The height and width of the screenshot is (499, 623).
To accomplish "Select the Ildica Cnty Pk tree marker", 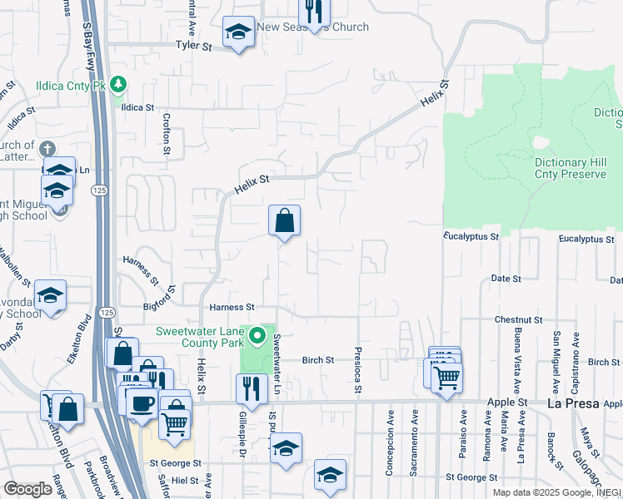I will pos(118,84).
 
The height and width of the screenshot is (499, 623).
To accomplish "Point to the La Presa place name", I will pos(573,403).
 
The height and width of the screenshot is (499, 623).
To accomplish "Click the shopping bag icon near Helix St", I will pos(284,221).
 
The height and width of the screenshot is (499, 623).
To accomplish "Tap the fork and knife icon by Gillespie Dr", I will pos(248,388).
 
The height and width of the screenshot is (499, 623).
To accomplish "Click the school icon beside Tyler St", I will pos(238,33).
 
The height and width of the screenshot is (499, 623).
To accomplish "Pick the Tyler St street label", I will pos(193,47).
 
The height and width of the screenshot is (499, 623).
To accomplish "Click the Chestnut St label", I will pos(518,319).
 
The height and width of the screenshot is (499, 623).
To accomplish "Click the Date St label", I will pos(506,279).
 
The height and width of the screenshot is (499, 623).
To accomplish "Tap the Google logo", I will pos(27,489).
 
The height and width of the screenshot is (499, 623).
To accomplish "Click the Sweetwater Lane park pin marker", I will pos(258,337).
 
